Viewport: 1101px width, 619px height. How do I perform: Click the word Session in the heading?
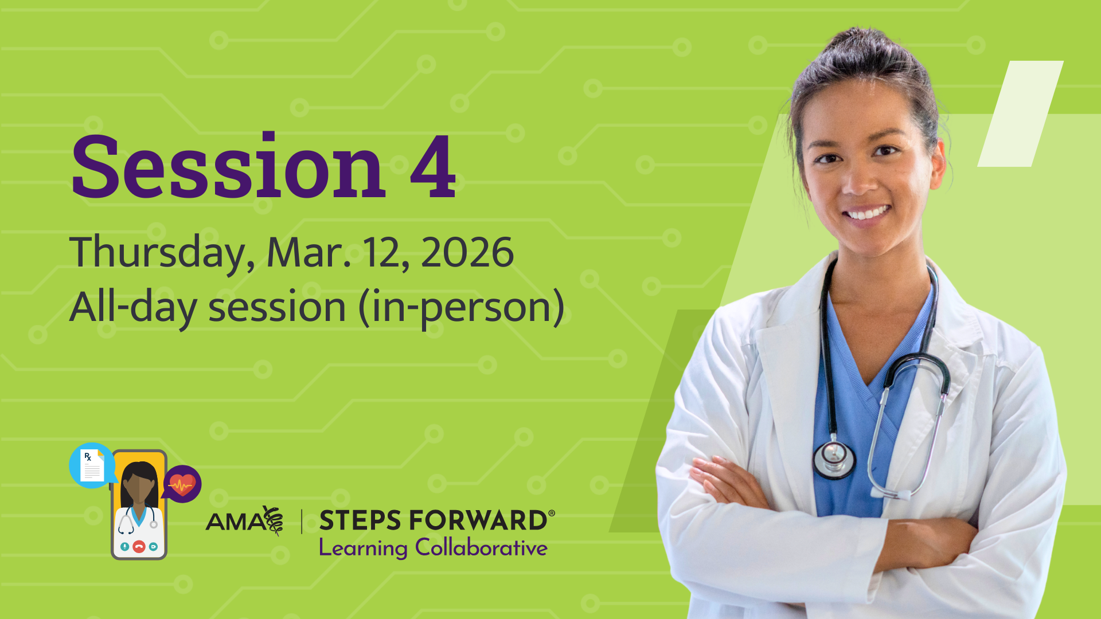coord(228,167)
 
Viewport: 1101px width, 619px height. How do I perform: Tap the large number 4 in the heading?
coord(433,167)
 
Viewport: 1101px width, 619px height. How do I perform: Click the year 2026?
coord(467,252)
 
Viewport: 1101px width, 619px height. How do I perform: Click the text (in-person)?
coord(462,307)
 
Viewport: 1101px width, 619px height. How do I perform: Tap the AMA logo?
coord(244,520)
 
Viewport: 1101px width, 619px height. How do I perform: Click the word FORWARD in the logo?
coord(478,520)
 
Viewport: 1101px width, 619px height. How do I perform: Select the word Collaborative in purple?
coord(481,548)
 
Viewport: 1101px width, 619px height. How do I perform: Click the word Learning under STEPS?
coord(363,548)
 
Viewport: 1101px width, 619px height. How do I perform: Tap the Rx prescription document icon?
coord(92,465)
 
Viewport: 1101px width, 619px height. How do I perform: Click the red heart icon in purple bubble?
coord(182,484)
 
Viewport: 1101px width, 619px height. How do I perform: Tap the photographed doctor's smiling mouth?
coord(867,213)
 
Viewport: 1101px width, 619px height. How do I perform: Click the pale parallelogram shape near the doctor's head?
coord(1020,113)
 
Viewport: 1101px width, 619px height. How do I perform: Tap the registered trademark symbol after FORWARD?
coord(552,513)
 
